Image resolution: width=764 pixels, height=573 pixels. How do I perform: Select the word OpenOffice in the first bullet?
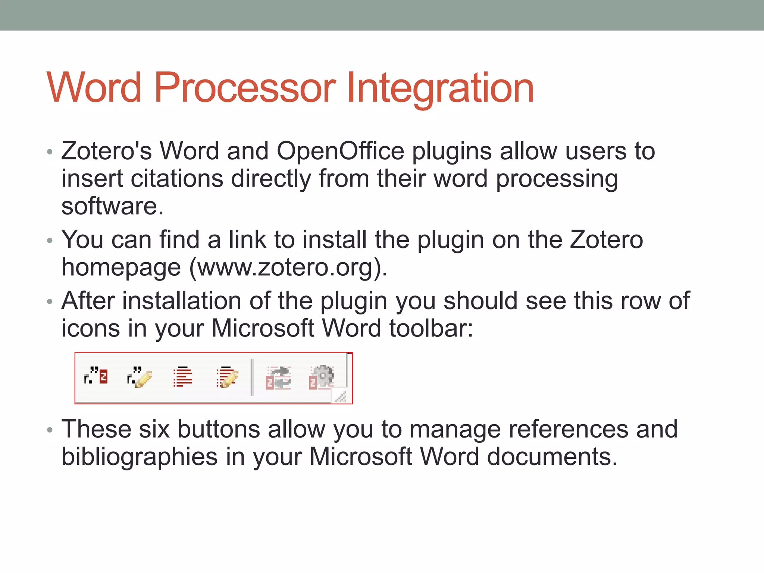click(x=340, y=151)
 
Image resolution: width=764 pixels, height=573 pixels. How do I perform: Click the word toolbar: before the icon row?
click(x=431, y=328)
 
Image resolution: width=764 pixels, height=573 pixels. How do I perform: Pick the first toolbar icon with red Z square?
click(x=96, y=376)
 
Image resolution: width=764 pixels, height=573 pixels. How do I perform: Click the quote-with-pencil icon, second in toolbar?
click(x=140, y=377)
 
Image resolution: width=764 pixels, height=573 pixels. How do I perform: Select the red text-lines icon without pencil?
click(x=183, y=377)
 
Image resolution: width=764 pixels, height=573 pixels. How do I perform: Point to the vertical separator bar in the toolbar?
click(x=252, y=377)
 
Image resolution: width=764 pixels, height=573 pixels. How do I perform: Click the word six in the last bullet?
click(x=154, y=429)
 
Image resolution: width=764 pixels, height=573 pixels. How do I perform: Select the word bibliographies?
click(x=139, y=457)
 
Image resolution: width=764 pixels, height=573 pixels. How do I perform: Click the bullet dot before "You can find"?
click(x=50, y=241)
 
